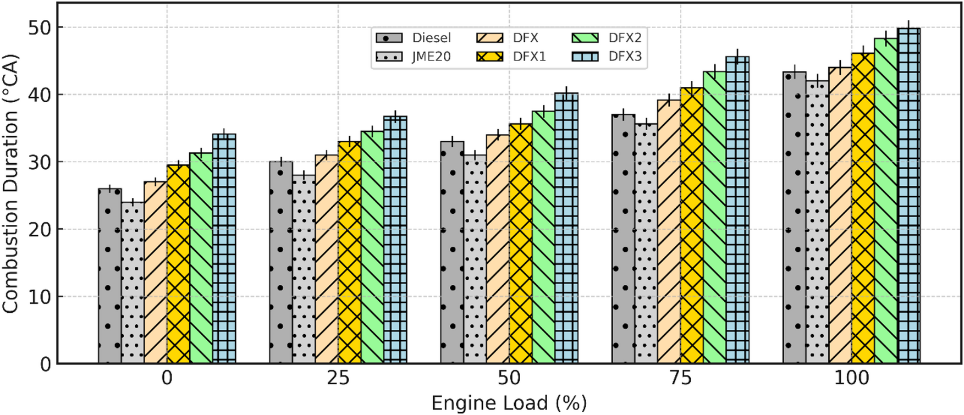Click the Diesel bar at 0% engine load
coord(110,275)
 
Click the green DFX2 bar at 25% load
coord(372,247)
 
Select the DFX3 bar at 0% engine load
coord(224,247)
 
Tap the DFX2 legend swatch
coord(585,38)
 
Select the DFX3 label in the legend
coord(625,57)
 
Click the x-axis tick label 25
coord(338,378)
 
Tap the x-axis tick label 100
coord(851,378)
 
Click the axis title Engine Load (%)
coord(509,403)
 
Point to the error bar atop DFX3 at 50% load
coord(566,93)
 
